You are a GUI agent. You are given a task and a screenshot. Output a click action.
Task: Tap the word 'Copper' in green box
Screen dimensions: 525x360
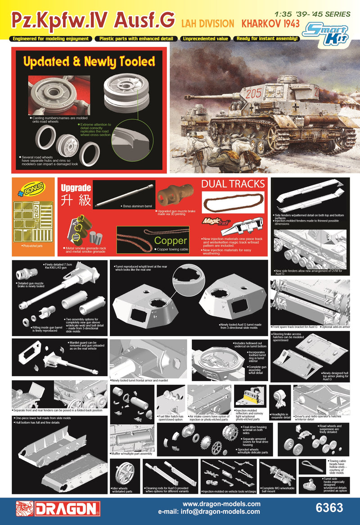(170, 241)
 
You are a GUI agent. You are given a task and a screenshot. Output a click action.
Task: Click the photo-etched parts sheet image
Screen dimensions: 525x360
(32, 221)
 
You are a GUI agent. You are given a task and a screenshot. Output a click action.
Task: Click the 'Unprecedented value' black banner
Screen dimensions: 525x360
(205, 39)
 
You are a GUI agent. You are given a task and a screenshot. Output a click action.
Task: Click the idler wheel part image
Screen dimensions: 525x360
(122, 475)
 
